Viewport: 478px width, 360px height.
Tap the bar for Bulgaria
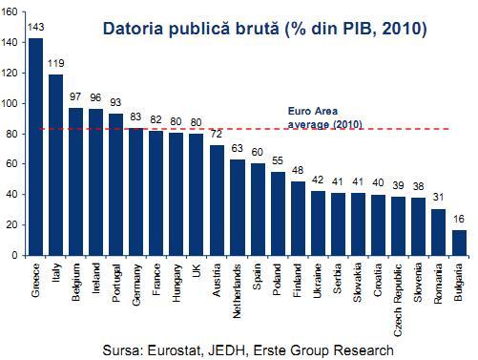coord(458,243)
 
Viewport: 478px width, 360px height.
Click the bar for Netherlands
coord(238,207)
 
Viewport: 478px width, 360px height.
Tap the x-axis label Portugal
coord(116,284)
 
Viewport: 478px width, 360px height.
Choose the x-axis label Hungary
coord(177,283)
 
